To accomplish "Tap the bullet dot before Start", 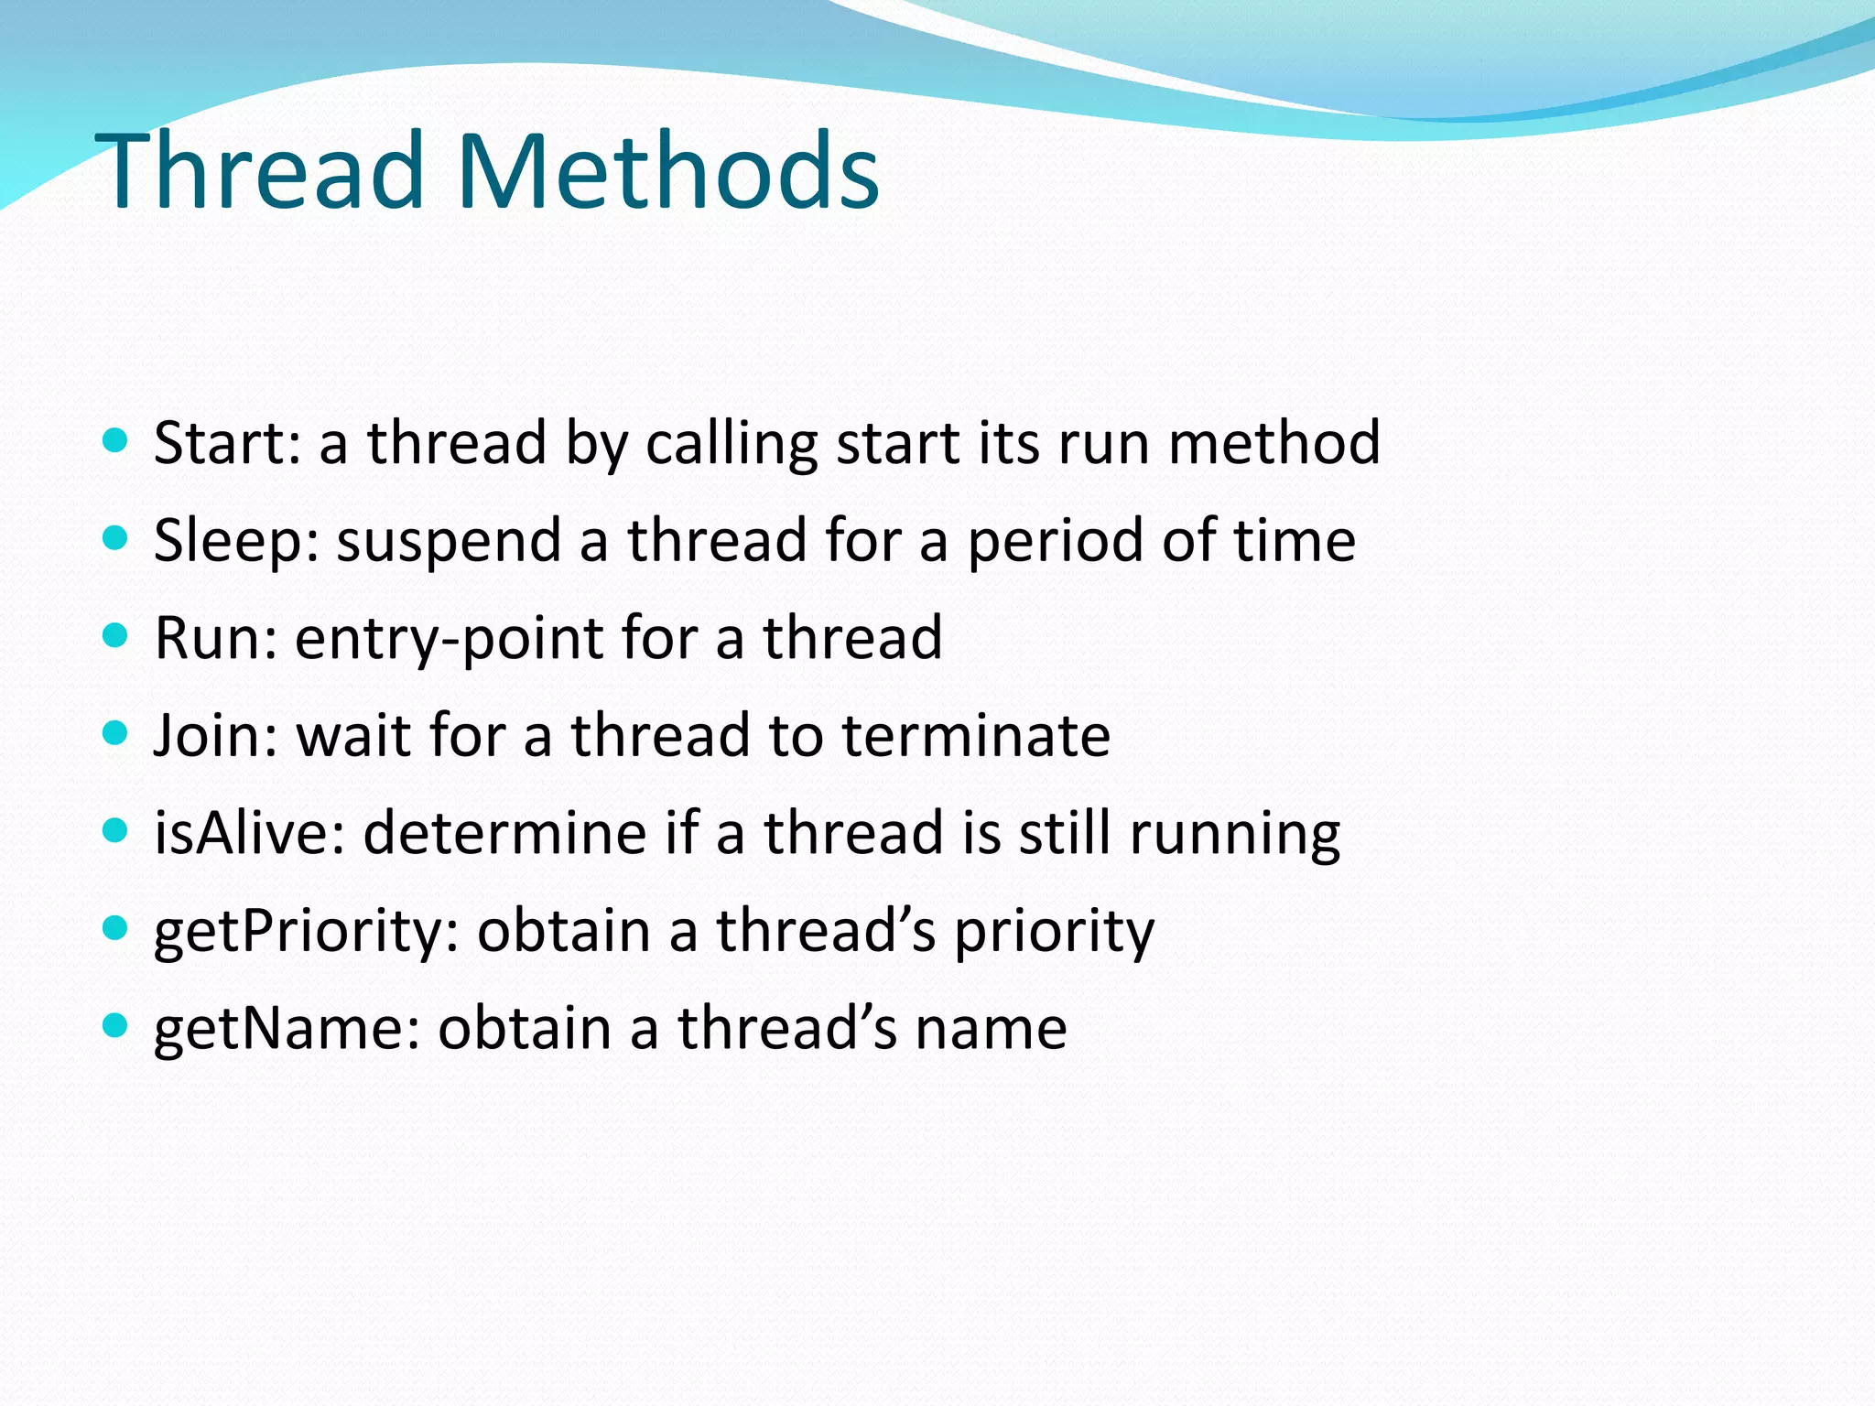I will [114, 441].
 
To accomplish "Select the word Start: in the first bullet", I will [227, 443].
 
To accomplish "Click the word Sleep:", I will [236, 540].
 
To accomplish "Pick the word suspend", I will [449, 542].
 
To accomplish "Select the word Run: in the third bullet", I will [215, 638].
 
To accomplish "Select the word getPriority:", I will [306, 932].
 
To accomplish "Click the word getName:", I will [287, 1029].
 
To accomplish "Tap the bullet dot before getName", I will [114, 1025].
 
